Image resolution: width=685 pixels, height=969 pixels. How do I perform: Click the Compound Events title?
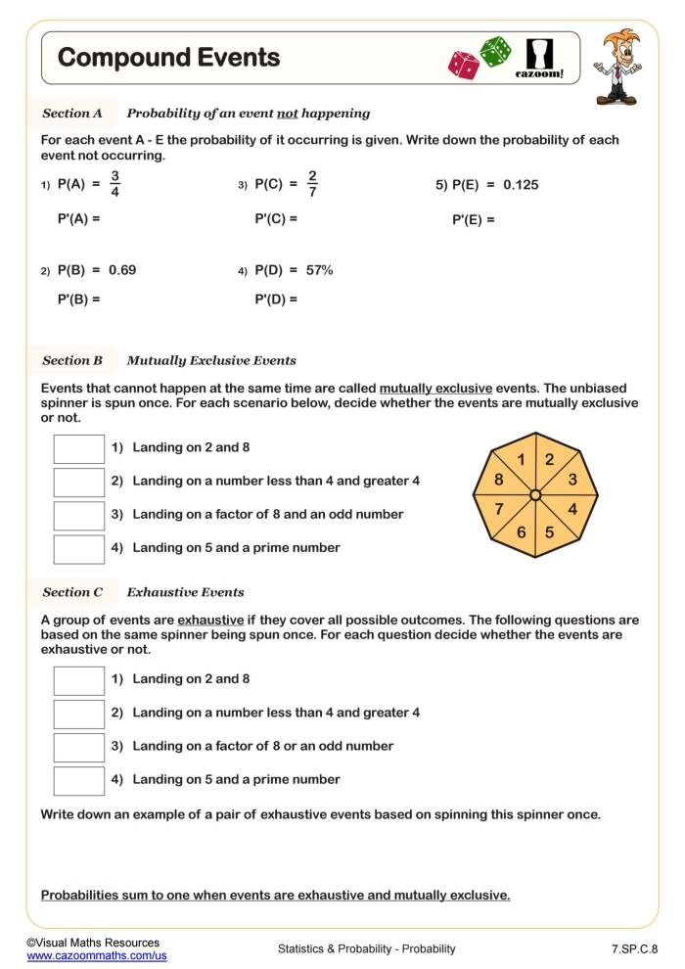tap(168, 58)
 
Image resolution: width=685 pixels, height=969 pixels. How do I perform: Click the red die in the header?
tap(463, 66)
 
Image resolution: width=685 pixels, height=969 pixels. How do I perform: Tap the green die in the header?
tap(495, 52)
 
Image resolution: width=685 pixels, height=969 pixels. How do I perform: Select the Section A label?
tap(72, 114)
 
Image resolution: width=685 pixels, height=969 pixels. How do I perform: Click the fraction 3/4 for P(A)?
tap(114, 184)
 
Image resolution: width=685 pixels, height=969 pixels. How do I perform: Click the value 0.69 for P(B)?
tap(122, 270)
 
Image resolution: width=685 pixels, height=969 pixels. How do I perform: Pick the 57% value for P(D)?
tap(320, 270)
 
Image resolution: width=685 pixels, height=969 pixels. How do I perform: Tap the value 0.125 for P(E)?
tap(521, 184)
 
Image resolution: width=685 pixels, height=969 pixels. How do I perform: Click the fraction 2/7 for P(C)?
tap(312, 184)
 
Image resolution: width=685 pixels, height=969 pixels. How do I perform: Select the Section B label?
tap(72, 360)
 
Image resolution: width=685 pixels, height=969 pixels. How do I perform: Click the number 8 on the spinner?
tap(498, 480)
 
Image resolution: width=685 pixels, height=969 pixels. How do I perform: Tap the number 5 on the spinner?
tap(549, 532)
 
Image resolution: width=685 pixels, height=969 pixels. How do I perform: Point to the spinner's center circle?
tap(535, 496)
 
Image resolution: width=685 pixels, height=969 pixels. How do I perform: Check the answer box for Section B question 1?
tap(78, 448)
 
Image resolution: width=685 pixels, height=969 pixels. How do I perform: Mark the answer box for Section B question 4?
tap(78, 549)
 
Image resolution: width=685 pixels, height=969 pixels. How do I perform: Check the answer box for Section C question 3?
tap(78, 747)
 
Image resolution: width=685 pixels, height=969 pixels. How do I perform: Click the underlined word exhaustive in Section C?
tap(210, 621)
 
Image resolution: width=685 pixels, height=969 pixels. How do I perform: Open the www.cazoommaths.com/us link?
tap(97, 955)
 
